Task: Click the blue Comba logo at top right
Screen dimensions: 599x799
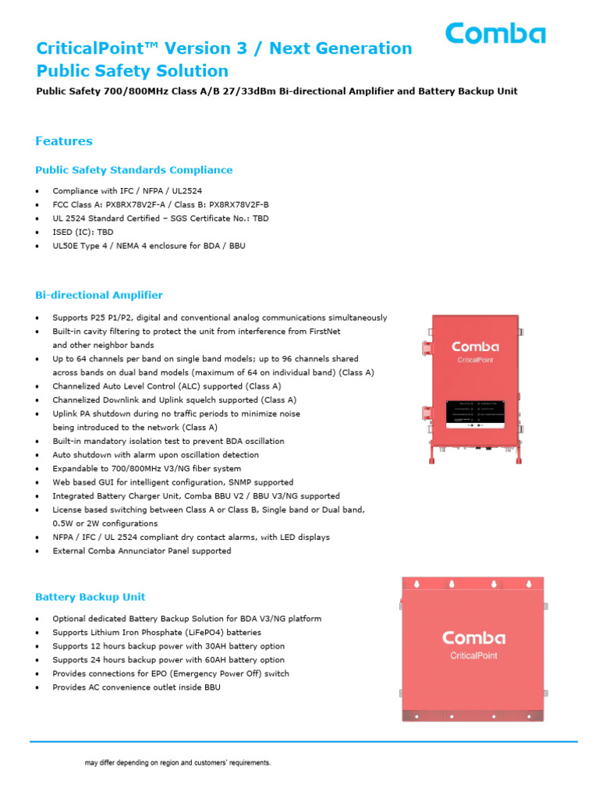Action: (495, 34)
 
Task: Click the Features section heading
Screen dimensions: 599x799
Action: (64, 141)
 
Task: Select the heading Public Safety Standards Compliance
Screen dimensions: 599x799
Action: (133, 169)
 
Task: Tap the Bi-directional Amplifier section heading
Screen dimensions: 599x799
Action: (99, 295)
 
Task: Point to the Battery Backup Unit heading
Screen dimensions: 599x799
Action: (90, 597)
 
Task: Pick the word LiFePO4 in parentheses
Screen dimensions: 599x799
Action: (197, 632)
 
